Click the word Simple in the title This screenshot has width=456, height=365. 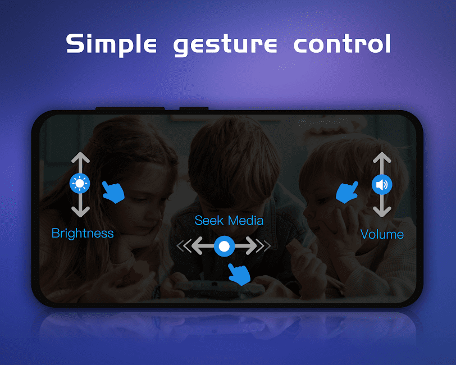pos(111,44)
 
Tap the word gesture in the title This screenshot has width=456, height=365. pos(225,45)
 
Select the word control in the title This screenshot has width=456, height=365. pos(343,43)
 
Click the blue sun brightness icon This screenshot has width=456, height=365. pos(80,183)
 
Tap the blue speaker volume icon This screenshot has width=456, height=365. pos(382,185)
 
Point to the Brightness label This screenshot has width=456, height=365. pos(83,233)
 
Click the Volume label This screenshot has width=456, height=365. pos(382,234)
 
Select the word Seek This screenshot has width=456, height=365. pos(209,221)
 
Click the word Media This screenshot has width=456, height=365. pos(246,221)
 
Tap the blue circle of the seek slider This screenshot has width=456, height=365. pos(224,247)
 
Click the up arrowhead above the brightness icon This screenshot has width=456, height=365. pos(80,157)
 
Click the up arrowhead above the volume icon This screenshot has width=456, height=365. pos(382,157)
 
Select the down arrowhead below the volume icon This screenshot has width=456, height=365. pos(382,212)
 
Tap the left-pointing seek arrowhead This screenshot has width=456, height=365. pos(197,246)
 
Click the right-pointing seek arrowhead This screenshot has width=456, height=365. pos(252,246)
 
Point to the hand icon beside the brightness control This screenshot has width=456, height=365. pos(113,192)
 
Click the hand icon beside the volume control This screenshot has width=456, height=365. pos(347,192)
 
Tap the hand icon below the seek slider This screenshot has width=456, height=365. pos(239,275)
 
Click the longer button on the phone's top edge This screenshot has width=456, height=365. pos(130,109)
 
